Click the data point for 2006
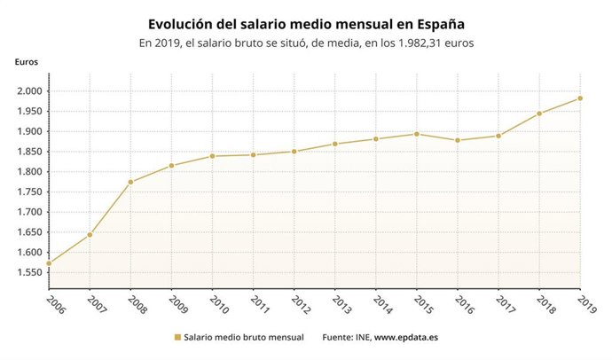pyautogui.click(x=49, y=263)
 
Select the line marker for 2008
pyautogui.click(x=130, y=182)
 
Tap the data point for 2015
pyautogui.click(x=417, y=134)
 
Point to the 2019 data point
pyautogui.click(x=580, y=98)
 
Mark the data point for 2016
pyautogui.click(x=458, y=140)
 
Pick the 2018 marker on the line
pyautogui.click(x=539, y=113)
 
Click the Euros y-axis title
pyautogui.click(x=26, y=61)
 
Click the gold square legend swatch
pyautogui.click(x=177, y=338)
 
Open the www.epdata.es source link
pyautogui.click(x=409, y=338)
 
